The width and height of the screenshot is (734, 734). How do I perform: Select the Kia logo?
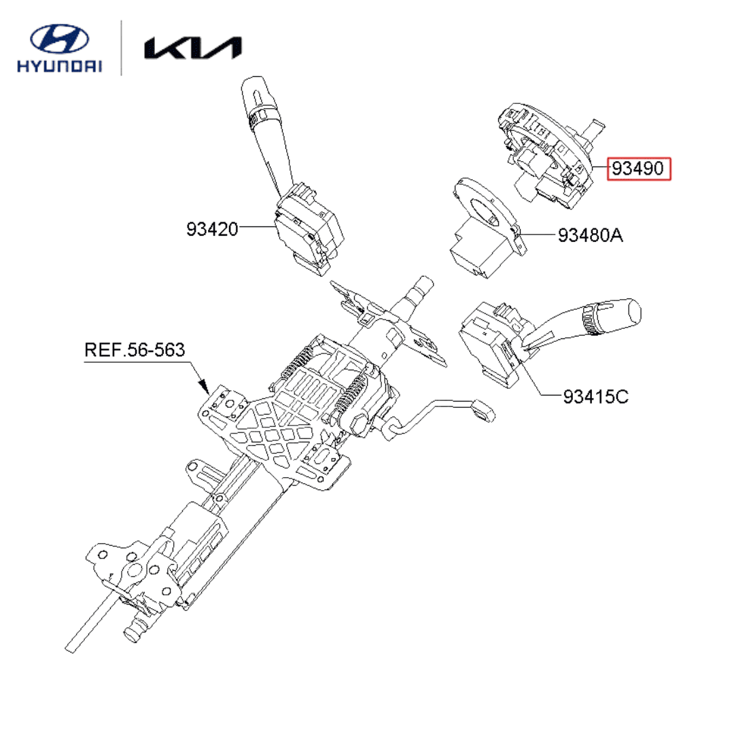192,48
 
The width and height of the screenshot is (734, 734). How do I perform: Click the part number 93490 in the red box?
637,169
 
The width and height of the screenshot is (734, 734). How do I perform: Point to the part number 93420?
213,230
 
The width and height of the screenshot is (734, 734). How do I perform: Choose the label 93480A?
590,236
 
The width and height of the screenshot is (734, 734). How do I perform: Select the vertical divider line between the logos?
122,48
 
